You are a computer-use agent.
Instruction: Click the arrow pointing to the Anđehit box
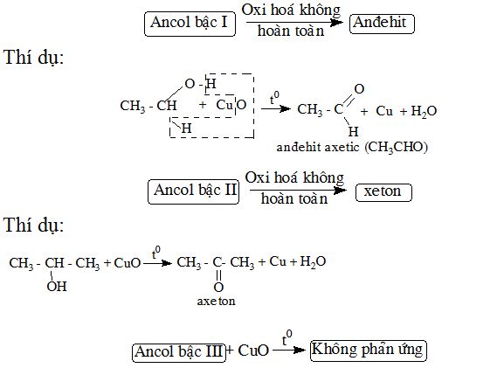[294, 22]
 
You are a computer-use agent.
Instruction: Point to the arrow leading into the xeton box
[298, 190]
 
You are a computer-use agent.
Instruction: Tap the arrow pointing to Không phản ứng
[289, 350]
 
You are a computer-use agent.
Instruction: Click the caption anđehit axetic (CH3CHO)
[352, 148]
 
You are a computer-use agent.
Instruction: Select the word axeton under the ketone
[216, 301]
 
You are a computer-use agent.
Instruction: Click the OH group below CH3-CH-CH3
[57, 286]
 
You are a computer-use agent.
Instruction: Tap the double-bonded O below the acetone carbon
[218, 287]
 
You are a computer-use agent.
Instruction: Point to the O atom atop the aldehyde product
[359, 89]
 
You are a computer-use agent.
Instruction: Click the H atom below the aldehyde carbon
[353, 131]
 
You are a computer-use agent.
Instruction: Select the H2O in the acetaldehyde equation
[424, 111]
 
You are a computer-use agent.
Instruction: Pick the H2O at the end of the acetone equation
[313, 261]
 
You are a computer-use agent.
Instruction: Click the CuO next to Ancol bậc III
[253, 351]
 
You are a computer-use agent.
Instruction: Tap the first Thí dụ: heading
[34, 58]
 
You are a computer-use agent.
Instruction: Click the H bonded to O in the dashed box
[211, 84]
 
